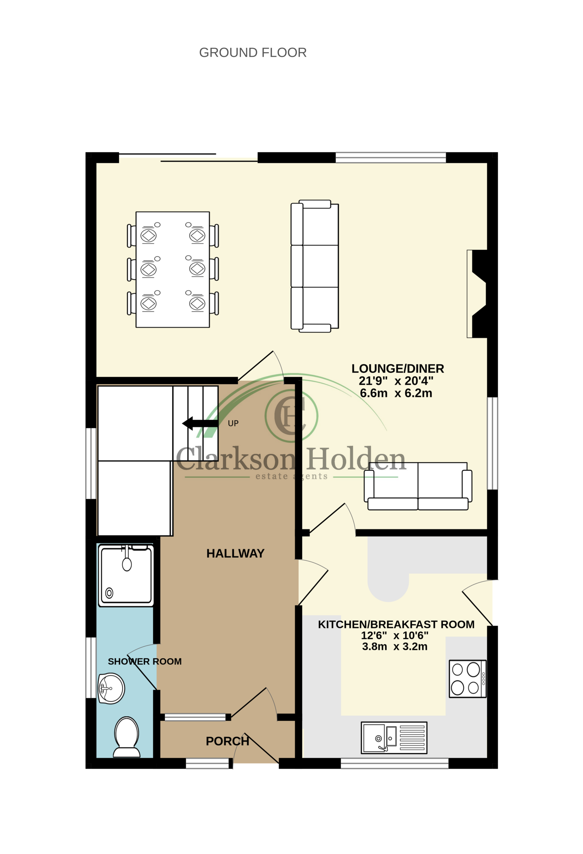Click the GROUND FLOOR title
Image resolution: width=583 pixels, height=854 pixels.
click(253, 53)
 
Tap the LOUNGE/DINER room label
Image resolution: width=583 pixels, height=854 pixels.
click(398, 369)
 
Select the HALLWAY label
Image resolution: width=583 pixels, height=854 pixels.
click(235, 553)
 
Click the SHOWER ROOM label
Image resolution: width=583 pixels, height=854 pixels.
click(145, 662)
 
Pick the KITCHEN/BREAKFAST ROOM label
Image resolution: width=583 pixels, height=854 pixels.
click(396, 624)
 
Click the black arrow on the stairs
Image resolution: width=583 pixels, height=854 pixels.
click(200, 423)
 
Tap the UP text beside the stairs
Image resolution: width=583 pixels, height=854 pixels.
click(233, 423)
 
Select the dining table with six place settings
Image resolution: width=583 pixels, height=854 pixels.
click(173, 269)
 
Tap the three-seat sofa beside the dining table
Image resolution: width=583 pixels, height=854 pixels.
click(315, 266)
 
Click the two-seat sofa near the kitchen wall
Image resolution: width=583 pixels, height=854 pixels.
click(418, 486)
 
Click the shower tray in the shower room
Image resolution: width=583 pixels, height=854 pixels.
click(126, 575)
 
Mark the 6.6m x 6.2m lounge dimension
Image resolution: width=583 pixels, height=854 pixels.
click(396, 393)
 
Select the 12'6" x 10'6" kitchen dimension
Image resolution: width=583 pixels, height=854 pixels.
click(395, 635)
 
